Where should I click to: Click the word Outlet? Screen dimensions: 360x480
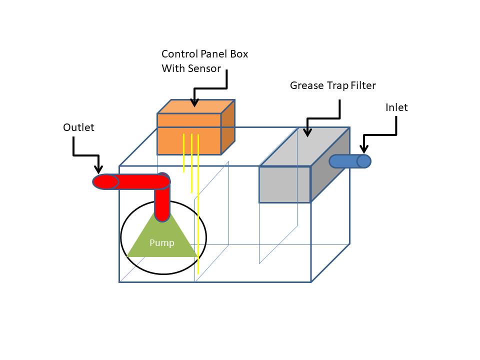tap(78, 127)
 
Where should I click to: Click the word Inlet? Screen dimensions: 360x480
tap(396, 107)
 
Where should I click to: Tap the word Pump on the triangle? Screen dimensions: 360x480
tap(162, 243)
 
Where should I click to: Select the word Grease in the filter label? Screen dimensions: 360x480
tap(306, 85)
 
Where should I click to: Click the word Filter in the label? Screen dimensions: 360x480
tap(362, 85)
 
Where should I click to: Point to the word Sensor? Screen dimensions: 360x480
tap(204, 68)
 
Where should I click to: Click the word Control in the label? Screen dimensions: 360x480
tap(178, 54)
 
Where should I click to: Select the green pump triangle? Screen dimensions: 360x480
tap(162, 240)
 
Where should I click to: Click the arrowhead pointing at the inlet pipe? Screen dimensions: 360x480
tap(364, 148)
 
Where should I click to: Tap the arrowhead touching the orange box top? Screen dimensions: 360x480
tap(194, 102)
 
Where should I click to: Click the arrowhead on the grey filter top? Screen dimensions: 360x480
tap(307, 132)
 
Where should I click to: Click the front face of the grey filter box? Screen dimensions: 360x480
tap(284, 184)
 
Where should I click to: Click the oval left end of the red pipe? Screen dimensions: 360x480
tap(105, 181)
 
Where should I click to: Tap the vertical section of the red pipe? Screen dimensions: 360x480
tap(162, 205)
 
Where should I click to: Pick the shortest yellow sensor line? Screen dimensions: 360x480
tap(184, 153)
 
